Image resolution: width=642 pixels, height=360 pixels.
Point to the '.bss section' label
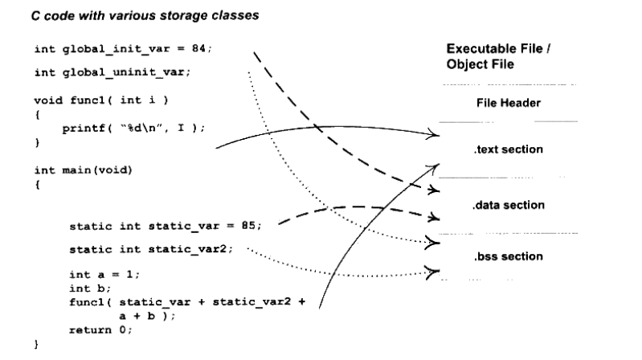coord(500,256)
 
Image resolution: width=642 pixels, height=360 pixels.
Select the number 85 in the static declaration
coord(251,226)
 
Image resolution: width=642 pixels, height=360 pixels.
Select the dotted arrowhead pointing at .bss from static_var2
coord(436,272)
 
